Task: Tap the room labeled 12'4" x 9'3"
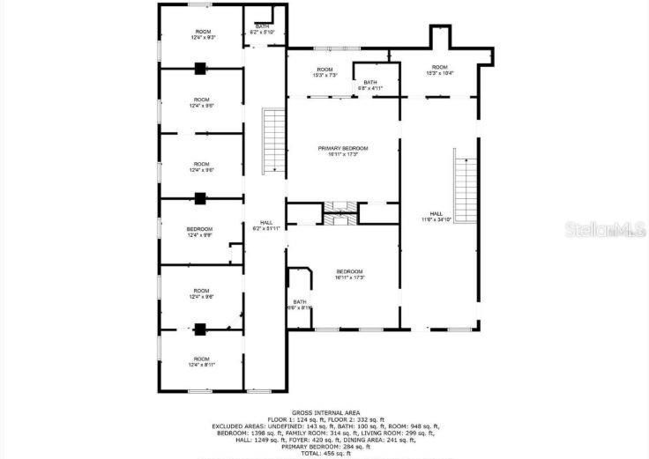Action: click(x=202, y=34)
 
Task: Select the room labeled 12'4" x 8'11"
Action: click(x=202, y=361)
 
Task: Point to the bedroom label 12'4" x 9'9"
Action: click(x=200, y=233)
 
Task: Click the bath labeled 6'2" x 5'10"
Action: click(x=263, y=29)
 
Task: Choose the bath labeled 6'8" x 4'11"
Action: click(x=370, y=85)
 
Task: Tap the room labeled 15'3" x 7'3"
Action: click(x=325, y=72)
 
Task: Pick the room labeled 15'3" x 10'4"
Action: click(x=439, y=70)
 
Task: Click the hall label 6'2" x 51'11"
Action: click(x=265, y=226)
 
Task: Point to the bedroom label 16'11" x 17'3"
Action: click(x=349, y=274)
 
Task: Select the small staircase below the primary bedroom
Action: click(x=339, y=208)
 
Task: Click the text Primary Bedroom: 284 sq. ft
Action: click(x=324, y=446)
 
